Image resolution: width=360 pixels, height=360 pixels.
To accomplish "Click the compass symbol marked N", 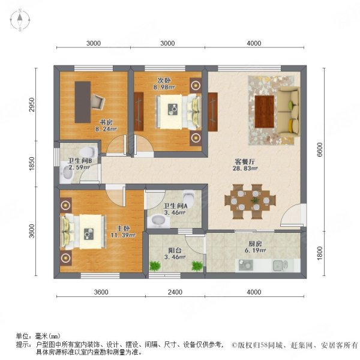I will [x=20, y=20].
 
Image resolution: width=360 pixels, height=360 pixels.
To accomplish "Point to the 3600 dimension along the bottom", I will [x=100, y=292].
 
